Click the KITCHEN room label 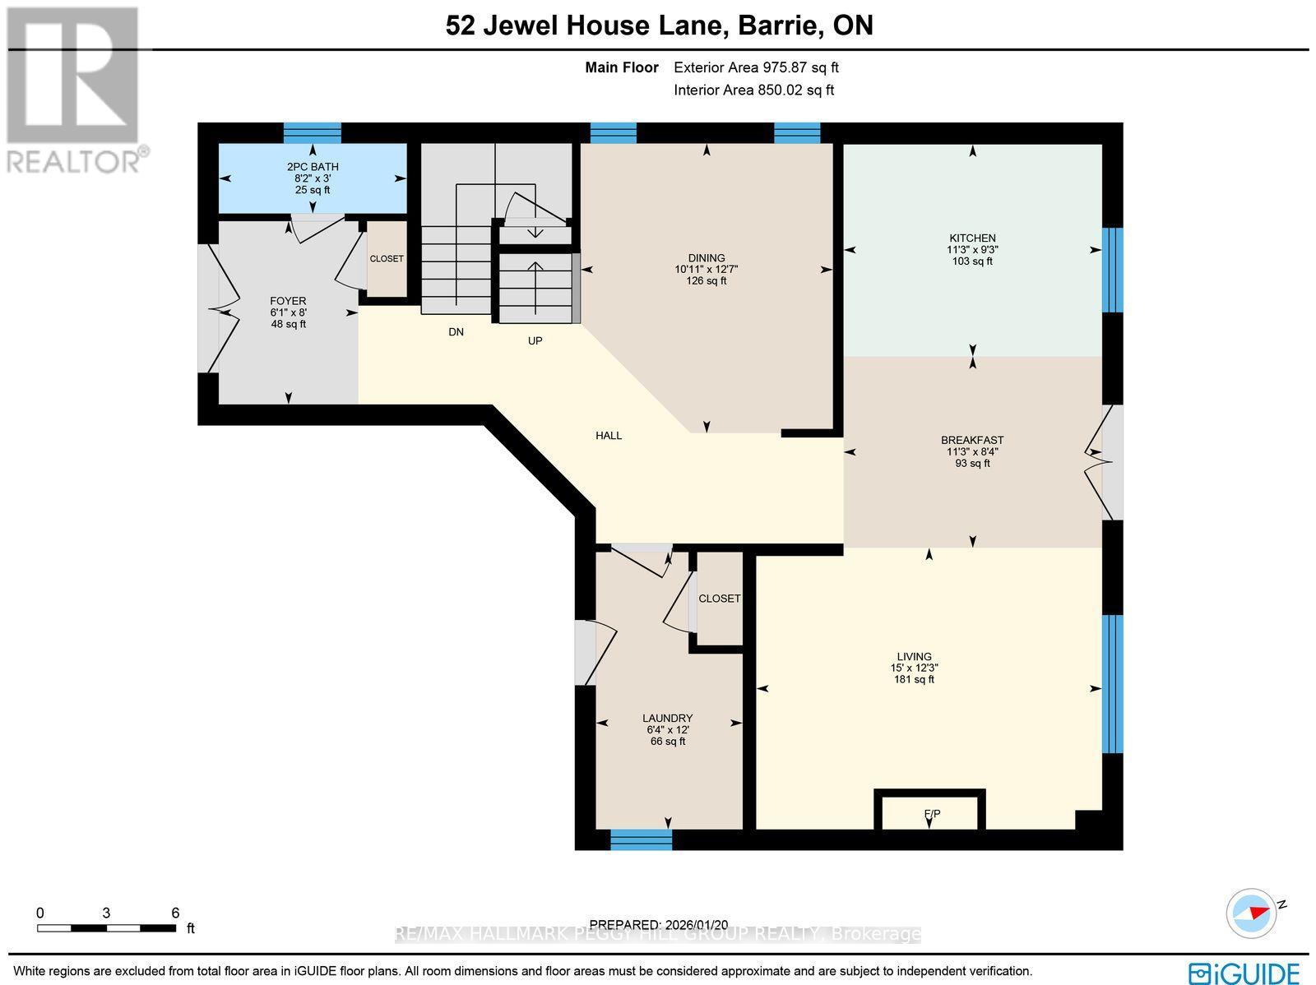[971, 238]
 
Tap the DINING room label [707, 258]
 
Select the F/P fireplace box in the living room [931, 813]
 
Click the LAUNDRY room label [667, 718]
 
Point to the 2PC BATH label [313, 167]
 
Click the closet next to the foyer [387, 259]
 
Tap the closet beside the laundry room [719, 599]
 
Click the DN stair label [456, 332]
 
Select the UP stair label [535, 340]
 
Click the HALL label [609, 436]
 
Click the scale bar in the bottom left [107, 928]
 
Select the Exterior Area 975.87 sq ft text [756, 68]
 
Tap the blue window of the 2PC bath [313, 132]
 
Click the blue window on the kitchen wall [1112, 270]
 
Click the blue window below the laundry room [641, 839]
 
